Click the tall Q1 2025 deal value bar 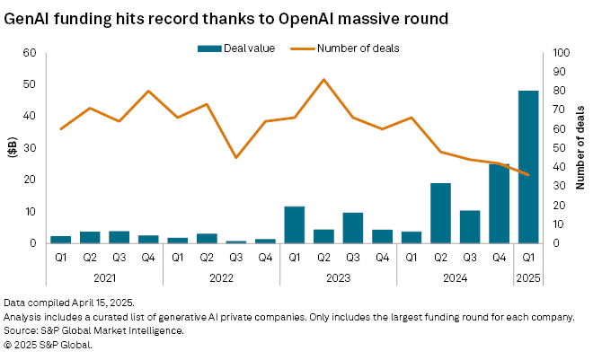coord(528,167)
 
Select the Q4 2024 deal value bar coord(499,204)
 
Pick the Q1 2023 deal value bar coord(294,224)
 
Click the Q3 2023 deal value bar coord(352,228)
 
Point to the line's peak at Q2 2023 coord(323,80)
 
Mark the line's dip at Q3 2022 coord(235,158)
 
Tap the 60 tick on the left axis coord(29,53)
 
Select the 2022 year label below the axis coord(221,277)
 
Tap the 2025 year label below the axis coord(528,277)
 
